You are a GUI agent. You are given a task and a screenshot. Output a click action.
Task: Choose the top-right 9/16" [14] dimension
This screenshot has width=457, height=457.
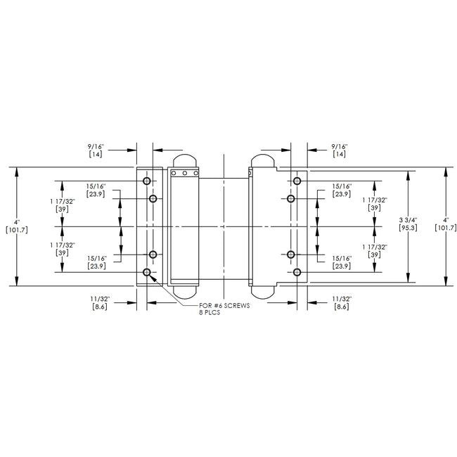click(340, 149)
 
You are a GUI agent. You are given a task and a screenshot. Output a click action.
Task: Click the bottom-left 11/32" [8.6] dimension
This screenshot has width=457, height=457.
click(98, 303)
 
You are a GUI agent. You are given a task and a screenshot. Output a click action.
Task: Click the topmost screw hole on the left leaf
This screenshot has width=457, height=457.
click(147, 181)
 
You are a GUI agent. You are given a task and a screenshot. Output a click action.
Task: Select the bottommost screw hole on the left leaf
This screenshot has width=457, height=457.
click(147, 272)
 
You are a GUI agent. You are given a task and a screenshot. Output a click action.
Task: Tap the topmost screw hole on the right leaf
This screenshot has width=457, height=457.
click(297, 181)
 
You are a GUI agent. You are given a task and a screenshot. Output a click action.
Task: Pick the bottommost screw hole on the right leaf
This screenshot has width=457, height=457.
click(297, 272)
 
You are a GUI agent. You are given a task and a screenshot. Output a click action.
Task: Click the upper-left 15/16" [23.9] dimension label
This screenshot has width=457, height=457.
click(96, 190)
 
